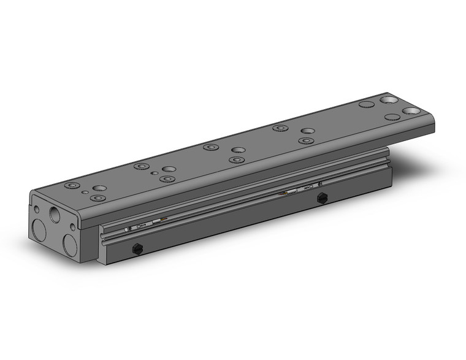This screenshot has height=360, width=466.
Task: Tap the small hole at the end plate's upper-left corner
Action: pos(36,209)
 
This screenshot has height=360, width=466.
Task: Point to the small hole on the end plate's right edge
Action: pos(74,227)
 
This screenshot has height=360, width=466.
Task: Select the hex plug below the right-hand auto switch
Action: pos(320,197)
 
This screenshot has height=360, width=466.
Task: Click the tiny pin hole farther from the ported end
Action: pos(156,174)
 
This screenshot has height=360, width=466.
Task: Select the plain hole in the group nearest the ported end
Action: pos(99,188)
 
